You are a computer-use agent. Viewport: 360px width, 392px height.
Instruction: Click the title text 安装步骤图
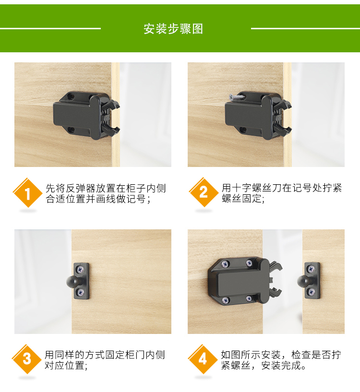(x=173, y=29)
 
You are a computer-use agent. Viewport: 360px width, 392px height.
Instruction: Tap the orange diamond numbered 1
(x=27, y=193)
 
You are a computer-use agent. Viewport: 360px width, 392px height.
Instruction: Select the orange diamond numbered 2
(x=204, y=192)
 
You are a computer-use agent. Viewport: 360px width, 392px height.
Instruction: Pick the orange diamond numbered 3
(x=27, y=359)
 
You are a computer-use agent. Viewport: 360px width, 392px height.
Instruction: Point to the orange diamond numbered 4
(x=203, y=359)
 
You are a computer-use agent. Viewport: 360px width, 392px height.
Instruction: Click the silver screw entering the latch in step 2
(x=237, y=96)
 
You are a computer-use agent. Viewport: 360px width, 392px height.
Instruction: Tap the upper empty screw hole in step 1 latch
(x=72, y=96)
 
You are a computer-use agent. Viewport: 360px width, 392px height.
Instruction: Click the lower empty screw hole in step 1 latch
(x=72, y=130)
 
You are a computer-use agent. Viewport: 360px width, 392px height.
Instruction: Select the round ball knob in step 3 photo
(x=71, y=282)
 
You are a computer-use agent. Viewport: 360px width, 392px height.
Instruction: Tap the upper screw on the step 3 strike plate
(x=81, y=270)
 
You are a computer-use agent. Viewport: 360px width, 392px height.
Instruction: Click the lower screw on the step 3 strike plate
(x=81, y=292)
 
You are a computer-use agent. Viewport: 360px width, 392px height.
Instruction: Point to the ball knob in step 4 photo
(x=302, y=281)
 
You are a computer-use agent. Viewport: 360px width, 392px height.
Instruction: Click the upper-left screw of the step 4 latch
(x=225, y=263)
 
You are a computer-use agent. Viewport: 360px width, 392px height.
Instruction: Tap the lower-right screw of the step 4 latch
(x=249, y=298)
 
